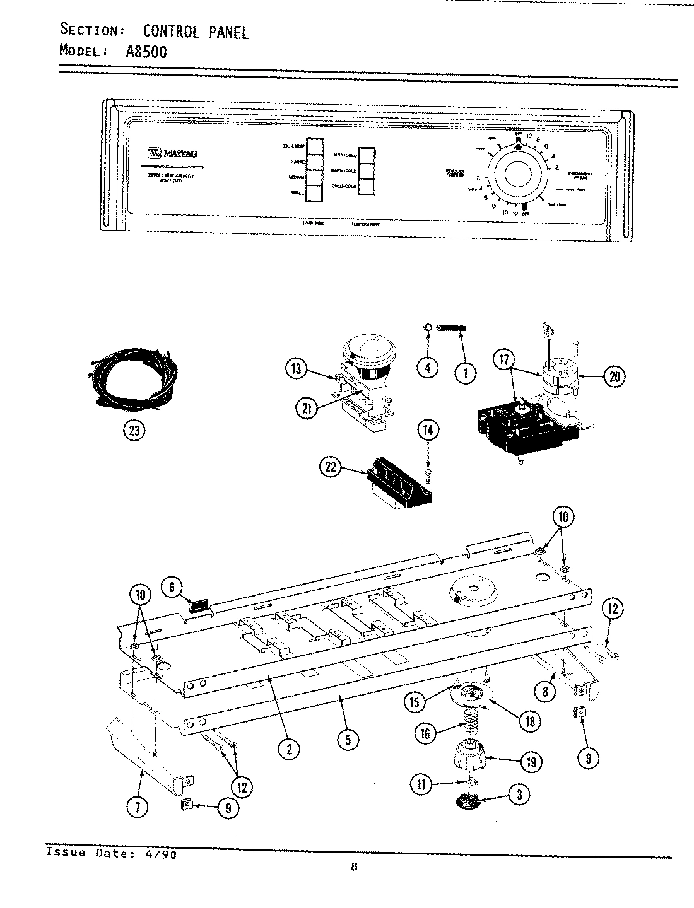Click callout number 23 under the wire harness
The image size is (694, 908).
134,431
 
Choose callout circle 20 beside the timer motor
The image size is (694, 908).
613,377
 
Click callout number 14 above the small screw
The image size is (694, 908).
428,431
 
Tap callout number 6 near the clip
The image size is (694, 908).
171,586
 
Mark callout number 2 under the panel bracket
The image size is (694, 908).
288,749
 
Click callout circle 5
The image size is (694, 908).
347,740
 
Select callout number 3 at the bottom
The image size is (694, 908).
519,794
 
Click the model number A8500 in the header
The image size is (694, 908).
147,52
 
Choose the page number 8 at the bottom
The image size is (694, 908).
355,867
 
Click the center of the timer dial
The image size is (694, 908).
517,175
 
